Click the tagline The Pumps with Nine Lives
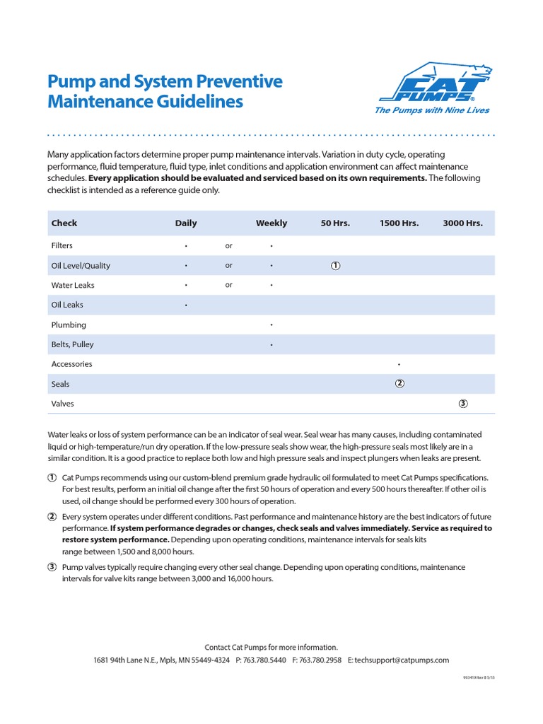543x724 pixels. tap(431, 110)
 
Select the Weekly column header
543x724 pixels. tap(271, 223)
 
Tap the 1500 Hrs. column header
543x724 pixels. tap(399, 223)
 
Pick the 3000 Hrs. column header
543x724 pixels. tap(462, 223)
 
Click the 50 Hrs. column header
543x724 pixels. tap(335, 223)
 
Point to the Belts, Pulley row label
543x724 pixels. tap(72, 345)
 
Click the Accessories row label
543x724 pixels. tap(71, 365)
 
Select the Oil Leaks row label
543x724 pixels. tap(67, 305)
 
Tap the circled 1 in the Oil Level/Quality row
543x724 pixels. tap(335, 266)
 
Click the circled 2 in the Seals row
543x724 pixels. tap(399, 384)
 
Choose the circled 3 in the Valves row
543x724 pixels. tap(463, 404)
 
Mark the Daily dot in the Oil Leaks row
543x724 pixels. tap(186, 305)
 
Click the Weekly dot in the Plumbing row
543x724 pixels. tap(271, 325)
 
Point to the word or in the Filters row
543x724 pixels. tap(228, 246)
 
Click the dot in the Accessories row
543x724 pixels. tap(399, 365)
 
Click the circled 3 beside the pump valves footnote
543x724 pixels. tap(52, 567)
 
